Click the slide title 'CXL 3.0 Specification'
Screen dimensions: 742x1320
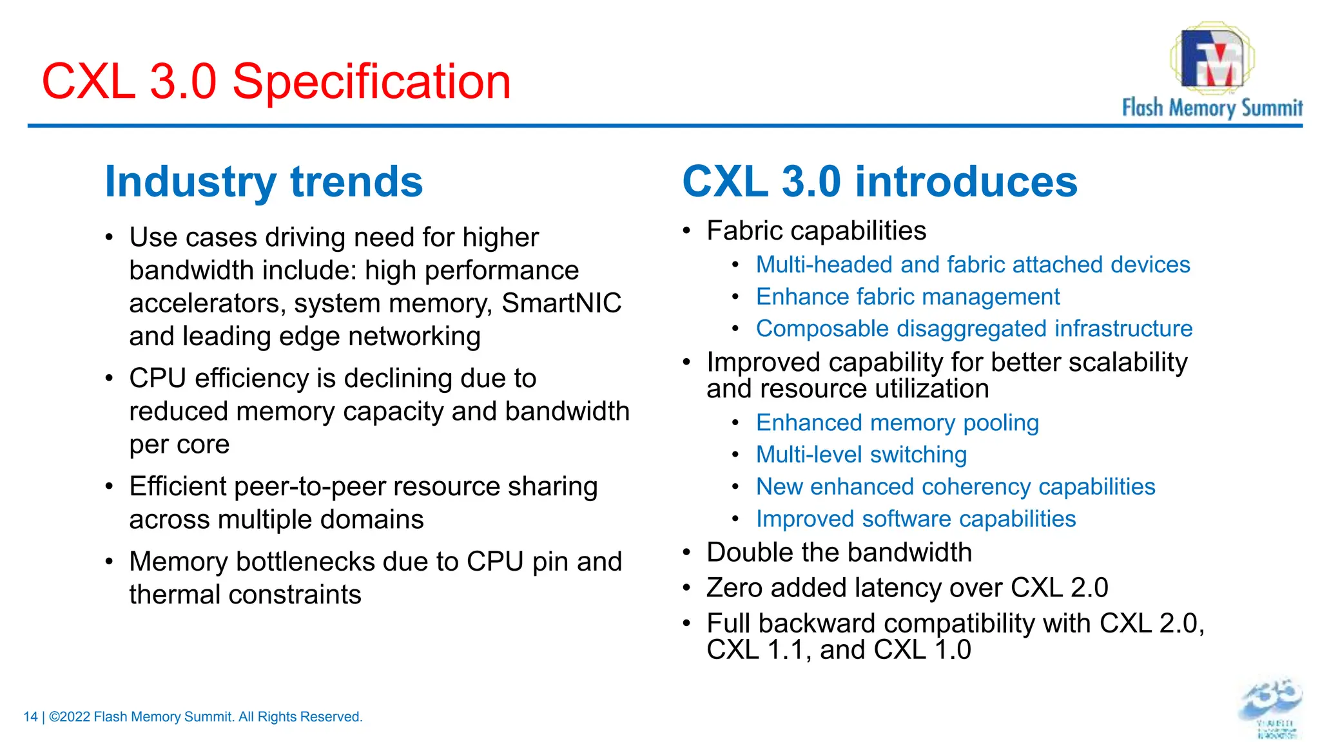pos(276,82)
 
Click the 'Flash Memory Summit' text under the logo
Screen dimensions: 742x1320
pos(1212,108)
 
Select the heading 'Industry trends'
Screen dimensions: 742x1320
pos(264,182)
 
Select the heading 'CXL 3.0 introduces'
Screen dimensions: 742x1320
pos(879,182)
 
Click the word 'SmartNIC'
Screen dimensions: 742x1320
pos(561,303)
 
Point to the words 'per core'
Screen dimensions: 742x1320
pos(179,444)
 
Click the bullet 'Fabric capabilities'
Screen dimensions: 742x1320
pos(816,231)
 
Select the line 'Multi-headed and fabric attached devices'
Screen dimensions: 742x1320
pos(973,265)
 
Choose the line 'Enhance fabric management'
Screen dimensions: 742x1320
pos(907,297)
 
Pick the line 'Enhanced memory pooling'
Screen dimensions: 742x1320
pos(897,423)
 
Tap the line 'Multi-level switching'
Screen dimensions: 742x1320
pos(861,455)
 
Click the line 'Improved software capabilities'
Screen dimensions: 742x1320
pos(915,519)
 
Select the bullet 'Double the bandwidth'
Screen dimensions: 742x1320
pos(839,553)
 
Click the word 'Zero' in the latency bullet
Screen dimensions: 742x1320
pos(734,588)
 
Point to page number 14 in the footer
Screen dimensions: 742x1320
pos(30,717)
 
